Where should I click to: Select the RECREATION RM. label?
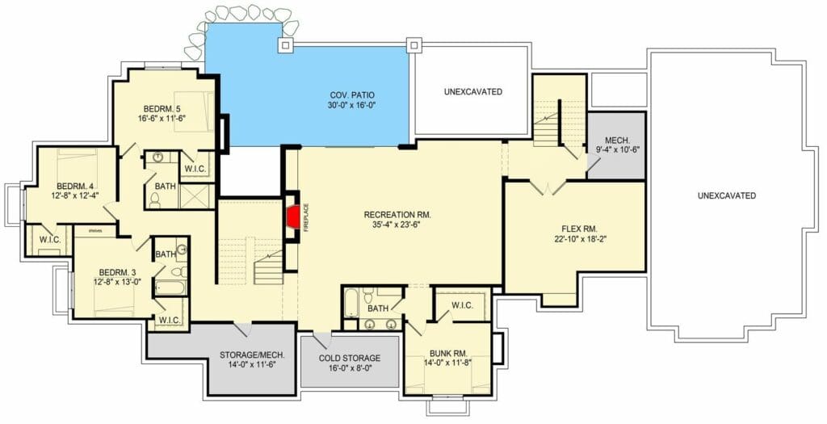click(397, 214)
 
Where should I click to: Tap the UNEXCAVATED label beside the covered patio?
click(472, 91)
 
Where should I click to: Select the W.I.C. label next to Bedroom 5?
click(195, 169)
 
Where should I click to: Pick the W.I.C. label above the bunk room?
click(462, 304)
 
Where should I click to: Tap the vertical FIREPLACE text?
click(306, 218)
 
